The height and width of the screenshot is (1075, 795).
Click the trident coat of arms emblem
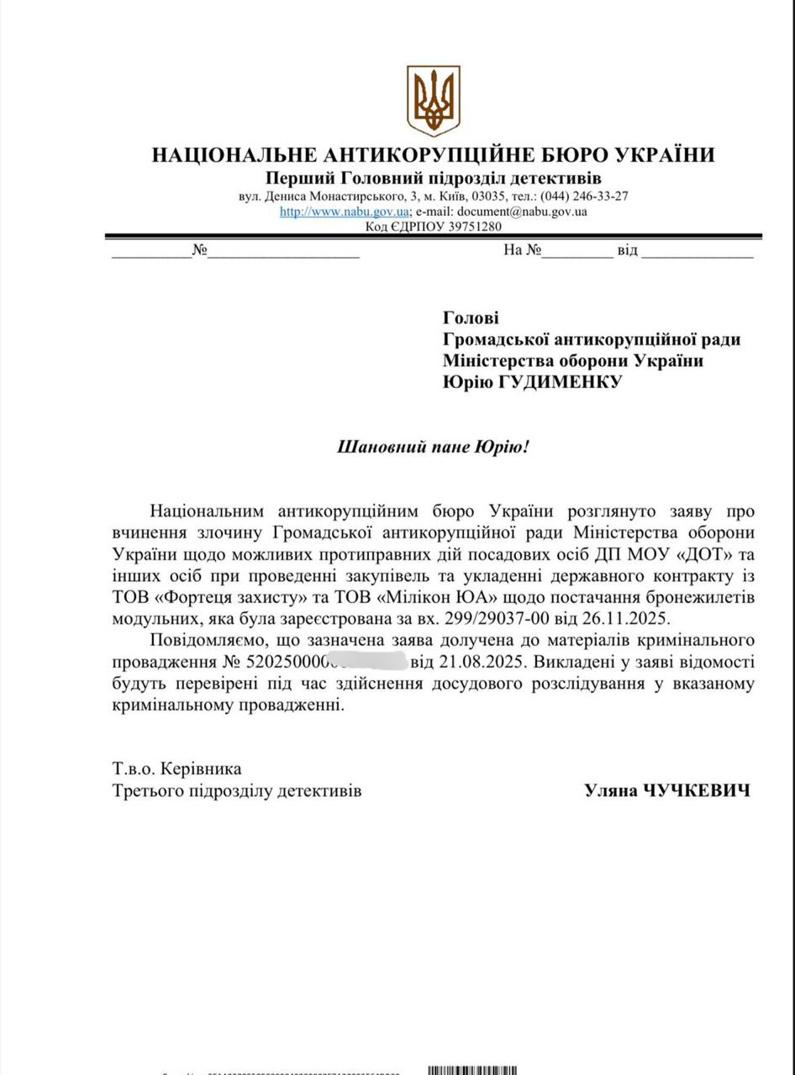[433, 100]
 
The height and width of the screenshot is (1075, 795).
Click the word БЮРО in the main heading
[565, 155]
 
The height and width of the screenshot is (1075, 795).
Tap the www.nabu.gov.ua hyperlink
[345, 212]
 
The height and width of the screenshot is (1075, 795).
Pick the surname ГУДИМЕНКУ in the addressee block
[551, 383]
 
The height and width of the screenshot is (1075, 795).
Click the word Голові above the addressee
[471, 317]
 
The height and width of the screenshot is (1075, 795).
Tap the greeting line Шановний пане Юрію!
[434, 447]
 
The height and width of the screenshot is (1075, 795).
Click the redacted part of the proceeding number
[370, 661]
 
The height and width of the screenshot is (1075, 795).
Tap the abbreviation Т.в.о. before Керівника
[133, 768]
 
